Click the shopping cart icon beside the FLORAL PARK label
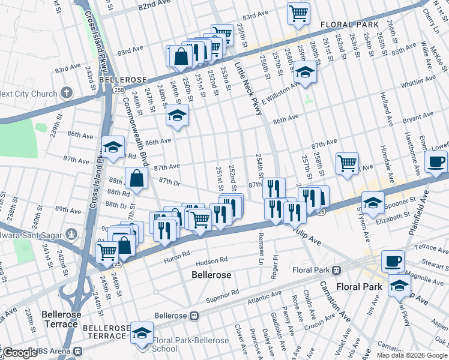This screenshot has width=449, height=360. click(298, 13)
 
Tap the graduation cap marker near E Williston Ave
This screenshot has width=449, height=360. click(306, 73)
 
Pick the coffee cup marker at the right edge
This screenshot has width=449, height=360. click(436, 161)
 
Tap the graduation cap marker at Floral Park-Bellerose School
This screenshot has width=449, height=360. click(142, 333)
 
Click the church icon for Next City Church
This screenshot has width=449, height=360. click(66, 93)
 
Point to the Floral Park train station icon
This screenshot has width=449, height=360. click(337, 269)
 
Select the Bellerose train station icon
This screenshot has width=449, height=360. click(194, 315)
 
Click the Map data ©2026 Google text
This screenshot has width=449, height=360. click(411, 355)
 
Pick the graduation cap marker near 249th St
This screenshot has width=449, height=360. click(177, 115)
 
